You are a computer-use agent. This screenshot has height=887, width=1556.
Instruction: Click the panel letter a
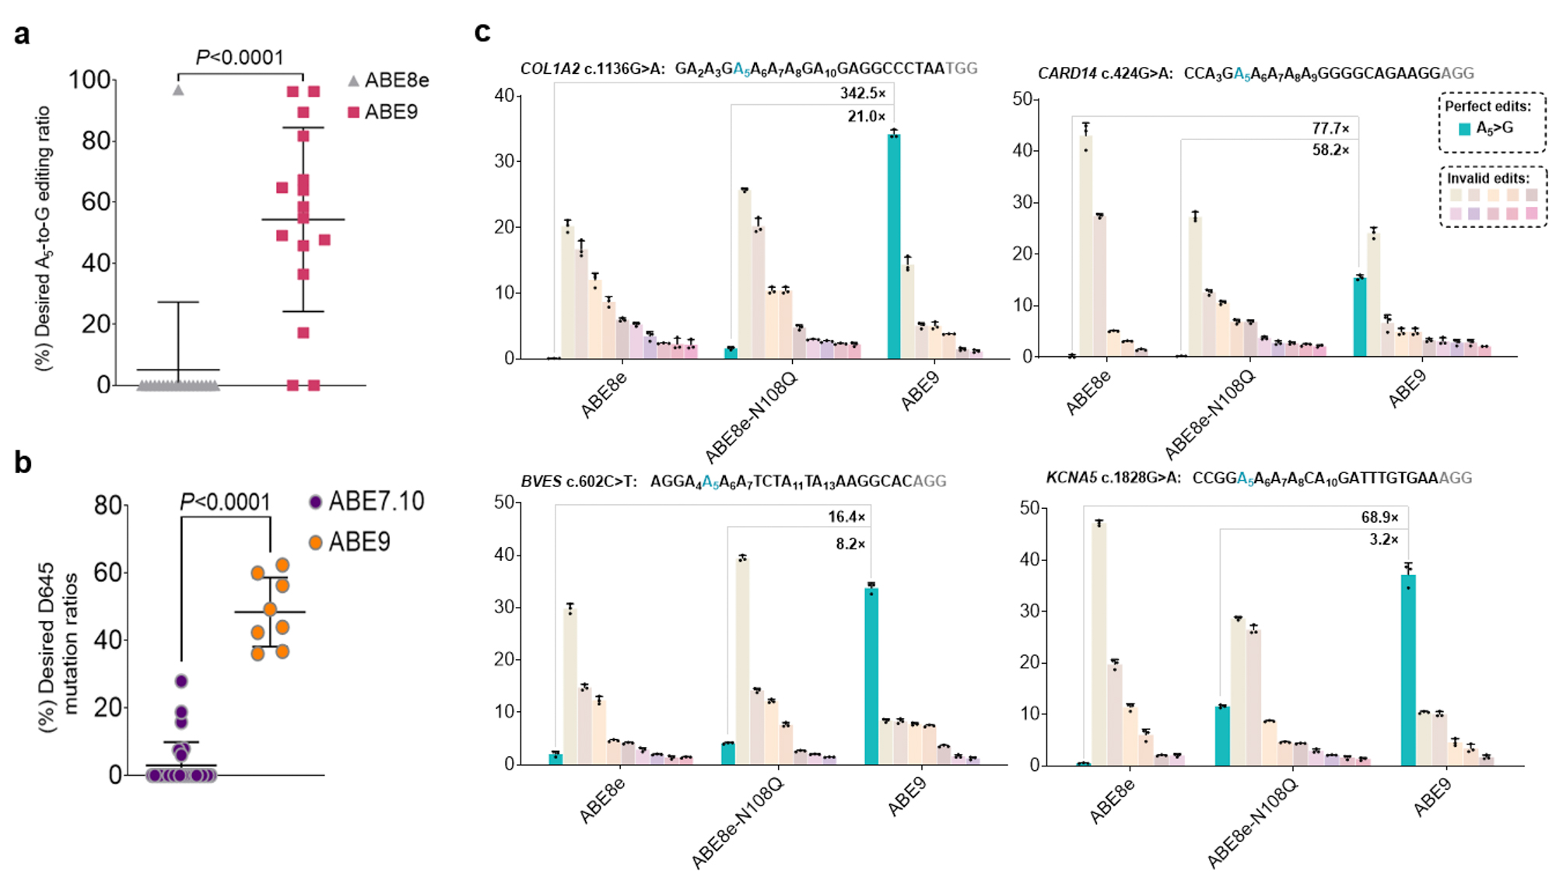coord(22,35)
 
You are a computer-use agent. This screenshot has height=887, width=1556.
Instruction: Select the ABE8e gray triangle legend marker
coord(354,81)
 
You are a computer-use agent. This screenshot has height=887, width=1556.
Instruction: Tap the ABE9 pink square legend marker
coord(354,113)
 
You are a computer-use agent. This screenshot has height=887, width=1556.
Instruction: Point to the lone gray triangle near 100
coord(178,90)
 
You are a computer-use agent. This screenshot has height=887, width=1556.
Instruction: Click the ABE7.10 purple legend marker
coord(315,502)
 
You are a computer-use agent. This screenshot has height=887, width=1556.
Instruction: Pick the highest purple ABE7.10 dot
coord(181,682)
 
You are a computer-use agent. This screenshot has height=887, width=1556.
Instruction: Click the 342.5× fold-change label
coord(863,93)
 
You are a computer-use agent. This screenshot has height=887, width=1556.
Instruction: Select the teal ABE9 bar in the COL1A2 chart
coord(894,246)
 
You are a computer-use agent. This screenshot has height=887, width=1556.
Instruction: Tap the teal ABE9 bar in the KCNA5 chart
coord(1408,669)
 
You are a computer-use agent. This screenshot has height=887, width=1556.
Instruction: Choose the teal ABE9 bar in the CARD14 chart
coord(1360,317)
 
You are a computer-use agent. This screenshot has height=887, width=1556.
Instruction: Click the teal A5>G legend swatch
coord(1464,129)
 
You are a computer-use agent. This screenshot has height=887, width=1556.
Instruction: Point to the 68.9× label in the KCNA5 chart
coord(1379,517)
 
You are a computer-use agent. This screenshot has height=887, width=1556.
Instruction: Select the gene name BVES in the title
coord(541,482)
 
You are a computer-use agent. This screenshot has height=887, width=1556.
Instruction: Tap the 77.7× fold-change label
coord(1330,128)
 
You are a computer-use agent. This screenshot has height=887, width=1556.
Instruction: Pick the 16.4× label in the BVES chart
coord(846,517)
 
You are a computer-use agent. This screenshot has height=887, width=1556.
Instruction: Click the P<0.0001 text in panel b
coord(225,503)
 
